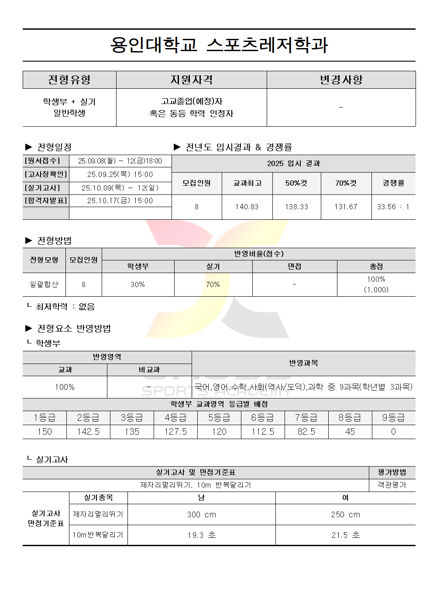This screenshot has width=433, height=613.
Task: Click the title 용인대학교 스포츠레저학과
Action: coord(219,45)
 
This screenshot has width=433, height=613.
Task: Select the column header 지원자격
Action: coord(191,80)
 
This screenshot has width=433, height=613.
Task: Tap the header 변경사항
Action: coord(341,80)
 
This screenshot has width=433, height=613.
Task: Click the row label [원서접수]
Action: coord(42,161)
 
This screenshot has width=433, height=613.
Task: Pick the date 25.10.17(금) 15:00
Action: coord(120,201)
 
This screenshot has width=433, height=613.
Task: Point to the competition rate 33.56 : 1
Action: coord(393,207)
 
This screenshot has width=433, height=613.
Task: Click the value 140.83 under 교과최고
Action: coord(247,207)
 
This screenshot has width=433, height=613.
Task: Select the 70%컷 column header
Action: coord(346,183)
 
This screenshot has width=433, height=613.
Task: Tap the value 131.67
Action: coord(346,207)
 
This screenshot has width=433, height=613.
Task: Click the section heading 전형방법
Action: coord(54,240)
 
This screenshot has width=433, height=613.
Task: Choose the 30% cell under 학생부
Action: coord(137,284)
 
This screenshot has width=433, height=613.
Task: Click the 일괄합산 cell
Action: coord(44,284)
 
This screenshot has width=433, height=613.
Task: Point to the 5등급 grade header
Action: coord(219,418)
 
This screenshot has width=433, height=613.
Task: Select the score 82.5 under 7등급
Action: coord(306,432)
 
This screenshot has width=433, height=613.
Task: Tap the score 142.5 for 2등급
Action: coord(88,432)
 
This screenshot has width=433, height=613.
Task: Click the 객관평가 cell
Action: coord(392,485)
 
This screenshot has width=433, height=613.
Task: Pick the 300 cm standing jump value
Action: coord(201,515)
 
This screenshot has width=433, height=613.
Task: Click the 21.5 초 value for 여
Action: coord(345,535)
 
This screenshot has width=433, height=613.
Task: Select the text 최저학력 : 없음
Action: coord(65,307)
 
